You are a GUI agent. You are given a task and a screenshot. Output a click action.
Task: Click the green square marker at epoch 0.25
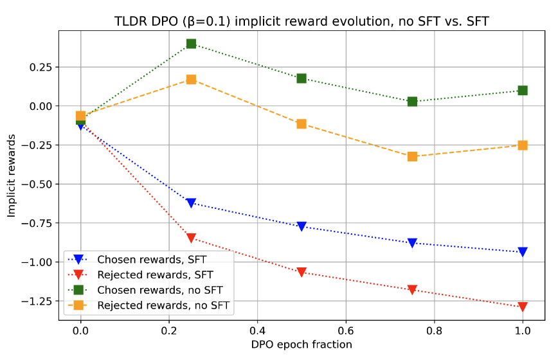tap(191, 44)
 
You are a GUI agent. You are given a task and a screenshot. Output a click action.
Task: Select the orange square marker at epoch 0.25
tap(191, 80)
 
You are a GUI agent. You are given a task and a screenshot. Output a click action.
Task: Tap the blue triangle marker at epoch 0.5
tap(301, 226)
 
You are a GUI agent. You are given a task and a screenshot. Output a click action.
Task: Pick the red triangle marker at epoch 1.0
tap(523, 307)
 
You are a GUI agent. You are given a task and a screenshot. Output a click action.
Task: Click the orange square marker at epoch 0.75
tap(412, 156)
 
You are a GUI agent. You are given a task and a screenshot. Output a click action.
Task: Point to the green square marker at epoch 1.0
tap(523, 91)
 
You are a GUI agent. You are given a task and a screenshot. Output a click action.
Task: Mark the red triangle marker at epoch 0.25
tap(191, 239)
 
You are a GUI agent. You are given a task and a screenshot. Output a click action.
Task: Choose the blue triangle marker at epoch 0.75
tap(412, 243)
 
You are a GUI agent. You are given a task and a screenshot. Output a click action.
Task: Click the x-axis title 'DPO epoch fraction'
tap(301, 345)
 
